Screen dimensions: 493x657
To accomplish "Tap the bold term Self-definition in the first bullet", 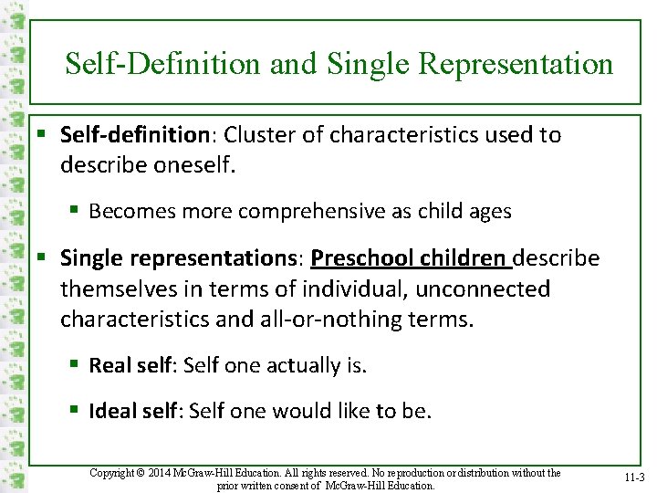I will click(x=135, y=135).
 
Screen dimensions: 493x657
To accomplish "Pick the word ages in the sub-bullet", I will click(x=489, y=212).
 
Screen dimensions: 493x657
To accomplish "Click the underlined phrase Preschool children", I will click(x=411, y=258).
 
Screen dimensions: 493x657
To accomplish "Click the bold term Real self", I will click(x=130, y=366).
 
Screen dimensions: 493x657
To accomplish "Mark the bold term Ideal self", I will click(x=133, y=412).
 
